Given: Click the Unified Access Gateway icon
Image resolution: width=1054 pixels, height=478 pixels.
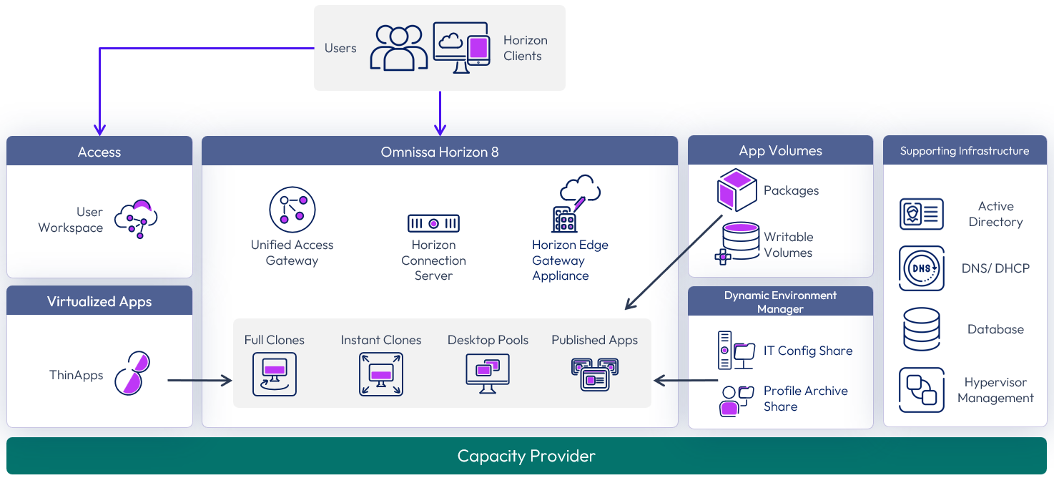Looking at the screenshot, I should [x=292, y=210].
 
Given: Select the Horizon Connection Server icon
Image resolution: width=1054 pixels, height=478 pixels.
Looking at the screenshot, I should [x=433, y=223].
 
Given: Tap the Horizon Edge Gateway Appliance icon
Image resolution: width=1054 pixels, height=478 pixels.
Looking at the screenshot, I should [x=576, y=204].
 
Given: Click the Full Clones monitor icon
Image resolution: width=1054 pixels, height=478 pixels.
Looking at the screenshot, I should [x=274, y=374].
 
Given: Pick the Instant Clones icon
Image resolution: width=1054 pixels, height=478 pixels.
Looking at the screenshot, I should [x=380, y=374].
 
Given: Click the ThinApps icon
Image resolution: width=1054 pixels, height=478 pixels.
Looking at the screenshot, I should [x=132, y=373].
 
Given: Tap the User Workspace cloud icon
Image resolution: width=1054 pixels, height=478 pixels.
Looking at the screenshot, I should [x=136, y=218].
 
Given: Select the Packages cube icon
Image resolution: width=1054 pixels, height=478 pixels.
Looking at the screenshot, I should [x=737, y=190].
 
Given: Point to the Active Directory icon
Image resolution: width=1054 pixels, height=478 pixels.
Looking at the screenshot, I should [x=921, y=214].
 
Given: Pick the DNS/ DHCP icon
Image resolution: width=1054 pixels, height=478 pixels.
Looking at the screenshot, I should [x=921, y=268].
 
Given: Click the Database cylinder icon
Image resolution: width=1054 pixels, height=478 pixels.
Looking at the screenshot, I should [x=921, y=329].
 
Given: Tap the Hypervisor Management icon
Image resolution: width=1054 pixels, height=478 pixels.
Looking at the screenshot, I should [x=921, y=390].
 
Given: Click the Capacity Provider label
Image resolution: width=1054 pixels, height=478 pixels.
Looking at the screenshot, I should [x=526, y=456].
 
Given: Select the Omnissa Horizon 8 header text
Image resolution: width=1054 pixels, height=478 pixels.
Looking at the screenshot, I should [x=440, y=152].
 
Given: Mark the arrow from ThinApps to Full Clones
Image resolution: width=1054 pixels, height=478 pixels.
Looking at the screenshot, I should [x=200, y=381].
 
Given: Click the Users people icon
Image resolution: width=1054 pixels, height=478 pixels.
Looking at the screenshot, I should [x=398, y=48].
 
